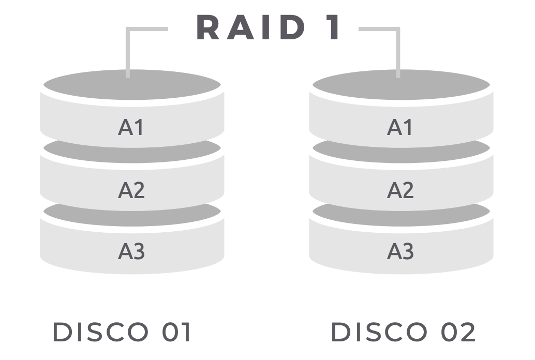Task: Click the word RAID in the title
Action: point(251,27)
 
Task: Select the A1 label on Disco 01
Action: point(131,127)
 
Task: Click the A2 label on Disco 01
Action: point(131,190)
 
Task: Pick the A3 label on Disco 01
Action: point(131,251)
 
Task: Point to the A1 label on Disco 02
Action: point(400,127)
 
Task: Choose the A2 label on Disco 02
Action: point(400,190)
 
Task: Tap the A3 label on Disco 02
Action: point(400,251)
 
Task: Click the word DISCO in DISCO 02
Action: point(378,332)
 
